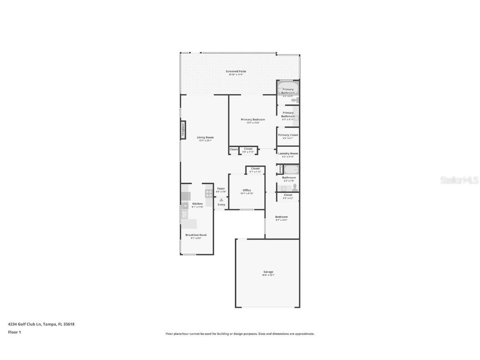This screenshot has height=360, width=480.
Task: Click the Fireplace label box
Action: tap(182, 130)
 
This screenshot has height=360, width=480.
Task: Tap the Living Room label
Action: tap(205, 137)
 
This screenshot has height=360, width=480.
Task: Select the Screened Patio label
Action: tap(236, 71)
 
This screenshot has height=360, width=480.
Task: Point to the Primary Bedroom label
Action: tap(252, 120)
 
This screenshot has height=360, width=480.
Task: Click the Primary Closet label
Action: tap(288, 135)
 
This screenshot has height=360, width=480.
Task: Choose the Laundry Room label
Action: tap(288, 153)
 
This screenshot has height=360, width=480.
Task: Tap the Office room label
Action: tap(247, 190)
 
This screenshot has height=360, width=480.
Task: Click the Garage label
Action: tap(268, 272)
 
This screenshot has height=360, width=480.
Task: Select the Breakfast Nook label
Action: tap(196, 235)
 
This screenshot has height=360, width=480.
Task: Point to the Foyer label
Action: tap(221, 189)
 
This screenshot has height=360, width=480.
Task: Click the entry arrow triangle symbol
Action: tap(221, 200)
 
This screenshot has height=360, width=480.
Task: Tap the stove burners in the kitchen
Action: tap(209, 193)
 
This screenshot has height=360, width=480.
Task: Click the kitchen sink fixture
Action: tap(184, 214)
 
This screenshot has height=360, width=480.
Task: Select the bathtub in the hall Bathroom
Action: tap(291, 170)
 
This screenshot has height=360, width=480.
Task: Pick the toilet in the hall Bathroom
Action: tap(295, 187)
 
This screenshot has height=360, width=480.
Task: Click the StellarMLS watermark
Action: tap(459, 180)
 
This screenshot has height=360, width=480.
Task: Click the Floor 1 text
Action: tap(14, 332)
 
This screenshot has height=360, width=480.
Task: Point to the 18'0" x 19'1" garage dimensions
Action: tap(268, 275)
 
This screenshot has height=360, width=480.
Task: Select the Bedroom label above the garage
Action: tap(281, 217)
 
